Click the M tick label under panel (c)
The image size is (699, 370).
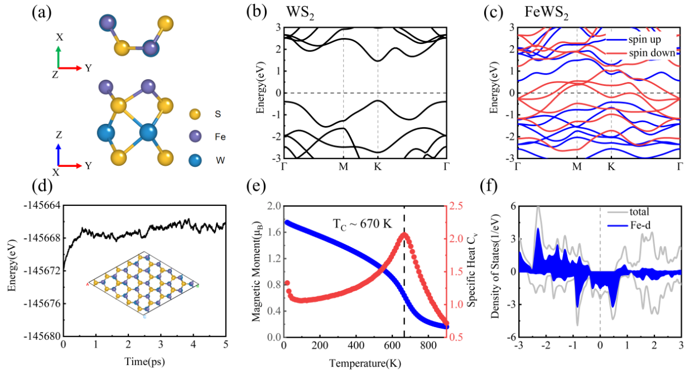[577, 166]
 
